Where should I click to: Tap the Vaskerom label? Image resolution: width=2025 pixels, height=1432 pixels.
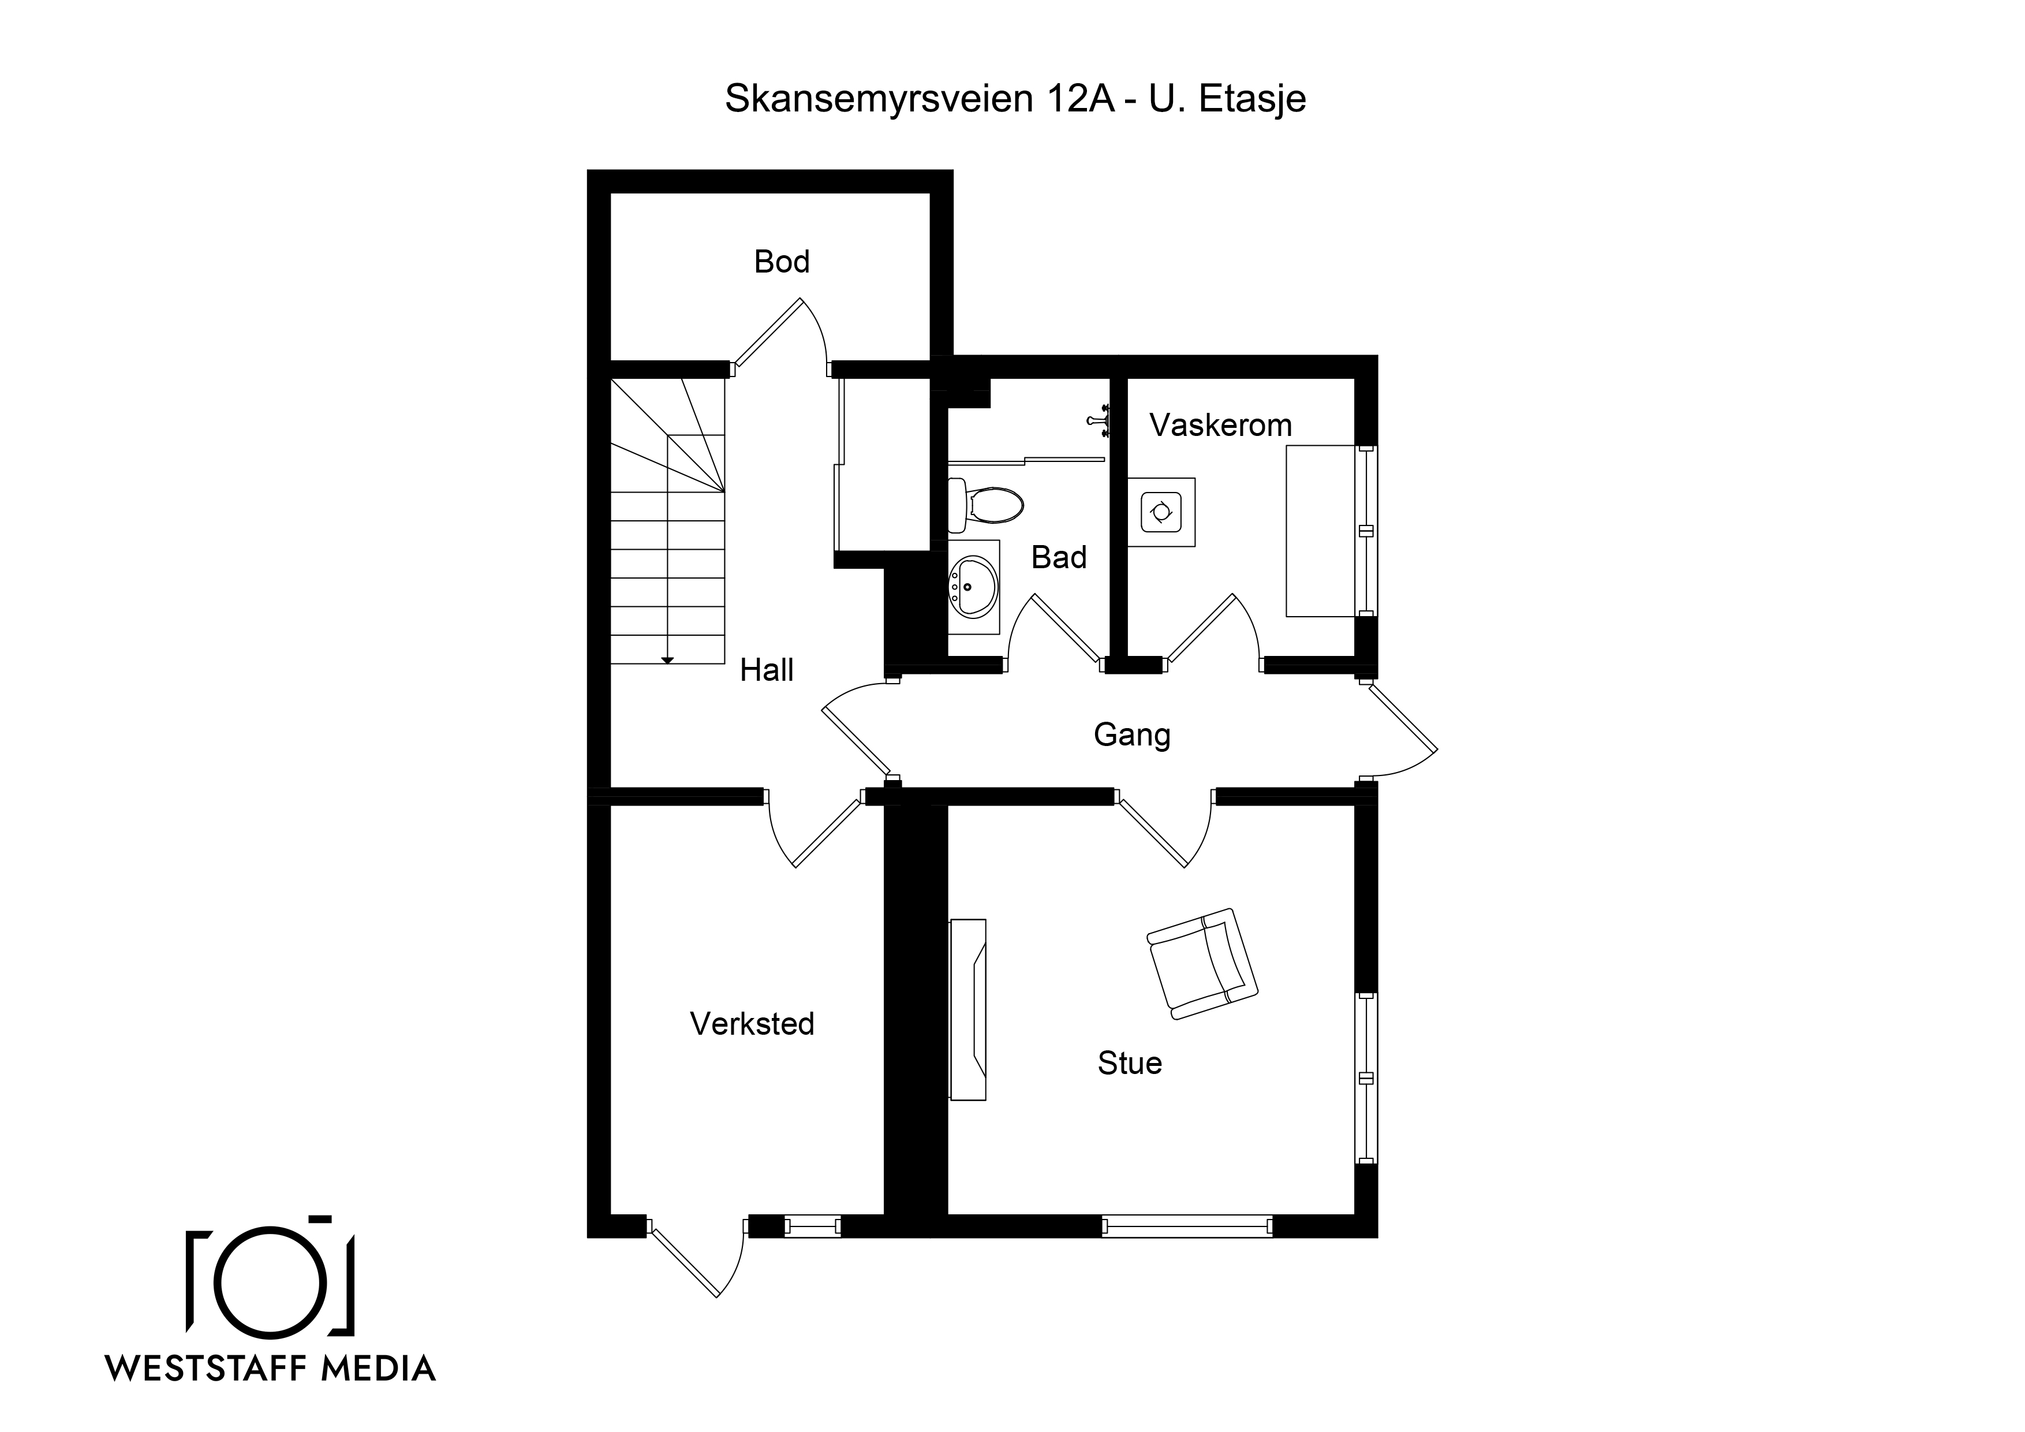(1221, 426)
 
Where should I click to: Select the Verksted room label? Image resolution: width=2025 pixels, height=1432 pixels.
(752, 1024)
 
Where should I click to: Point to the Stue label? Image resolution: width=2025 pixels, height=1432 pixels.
(1130, 1063)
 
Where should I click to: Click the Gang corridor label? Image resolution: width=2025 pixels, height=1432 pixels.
(1133, 735)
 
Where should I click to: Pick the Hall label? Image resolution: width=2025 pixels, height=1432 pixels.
(767, 670)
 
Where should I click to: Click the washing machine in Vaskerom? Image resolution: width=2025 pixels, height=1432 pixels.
(1161, 512)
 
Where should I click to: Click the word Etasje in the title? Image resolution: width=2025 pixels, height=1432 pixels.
(1253, 99)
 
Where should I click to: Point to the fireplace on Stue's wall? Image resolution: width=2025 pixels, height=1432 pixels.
(967, 1009)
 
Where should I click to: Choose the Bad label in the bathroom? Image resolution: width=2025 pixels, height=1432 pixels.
(1059, 558)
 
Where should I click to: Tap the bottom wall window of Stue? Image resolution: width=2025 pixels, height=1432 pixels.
(1187, 1226)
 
